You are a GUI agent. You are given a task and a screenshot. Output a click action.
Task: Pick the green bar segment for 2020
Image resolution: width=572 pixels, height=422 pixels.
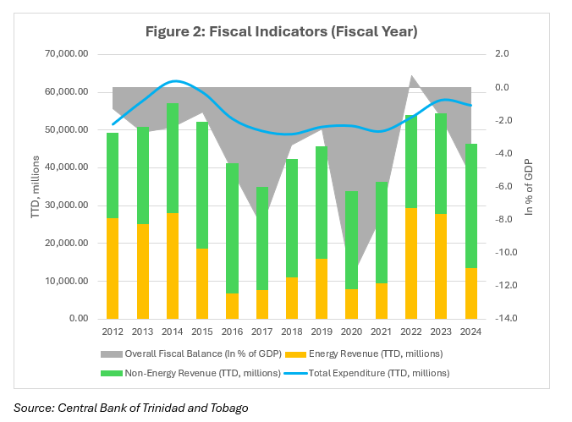click(x=352, y=240)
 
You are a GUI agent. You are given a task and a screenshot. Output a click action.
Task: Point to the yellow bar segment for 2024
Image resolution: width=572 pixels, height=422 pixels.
click(x=470, y=293)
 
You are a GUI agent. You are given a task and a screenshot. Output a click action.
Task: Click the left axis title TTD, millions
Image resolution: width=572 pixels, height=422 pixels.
click(x=36, y=186)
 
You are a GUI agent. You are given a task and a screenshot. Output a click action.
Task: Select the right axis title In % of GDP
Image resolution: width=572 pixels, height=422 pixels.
click(x=530, y=186)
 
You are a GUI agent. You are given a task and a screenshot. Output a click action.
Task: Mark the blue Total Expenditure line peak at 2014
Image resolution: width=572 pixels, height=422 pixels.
click(x=173, y=81)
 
